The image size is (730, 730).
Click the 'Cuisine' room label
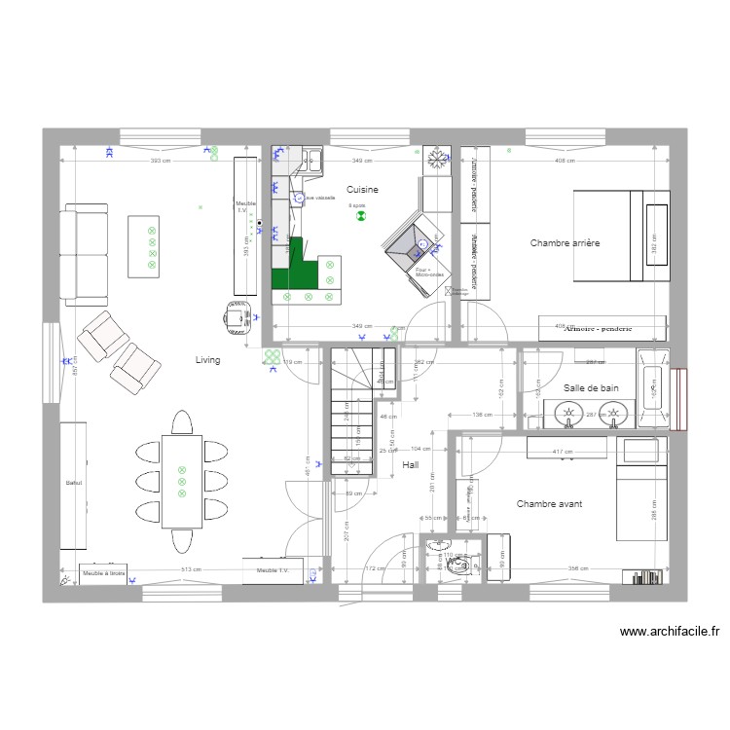click(x=362, y=191)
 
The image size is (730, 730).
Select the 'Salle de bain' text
click(x=591, y=388)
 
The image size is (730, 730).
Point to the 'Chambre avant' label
click(x=550, y=503)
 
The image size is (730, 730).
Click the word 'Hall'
click(x=410, y=465)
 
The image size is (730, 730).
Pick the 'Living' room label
click(x=207, y=360)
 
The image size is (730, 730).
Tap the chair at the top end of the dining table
click(x=182, y=423)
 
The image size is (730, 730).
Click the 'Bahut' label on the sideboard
click(x=72, y=484)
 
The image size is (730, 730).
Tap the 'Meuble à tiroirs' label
click(x=102, y=573)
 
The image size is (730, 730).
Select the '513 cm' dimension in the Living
click(x=190, y=569)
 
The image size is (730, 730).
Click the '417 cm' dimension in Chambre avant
click(x=562, y=453)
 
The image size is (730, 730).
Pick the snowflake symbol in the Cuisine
click(x=437, y=155)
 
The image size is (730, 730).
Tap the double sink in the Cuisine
click(x=313, y=160)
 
